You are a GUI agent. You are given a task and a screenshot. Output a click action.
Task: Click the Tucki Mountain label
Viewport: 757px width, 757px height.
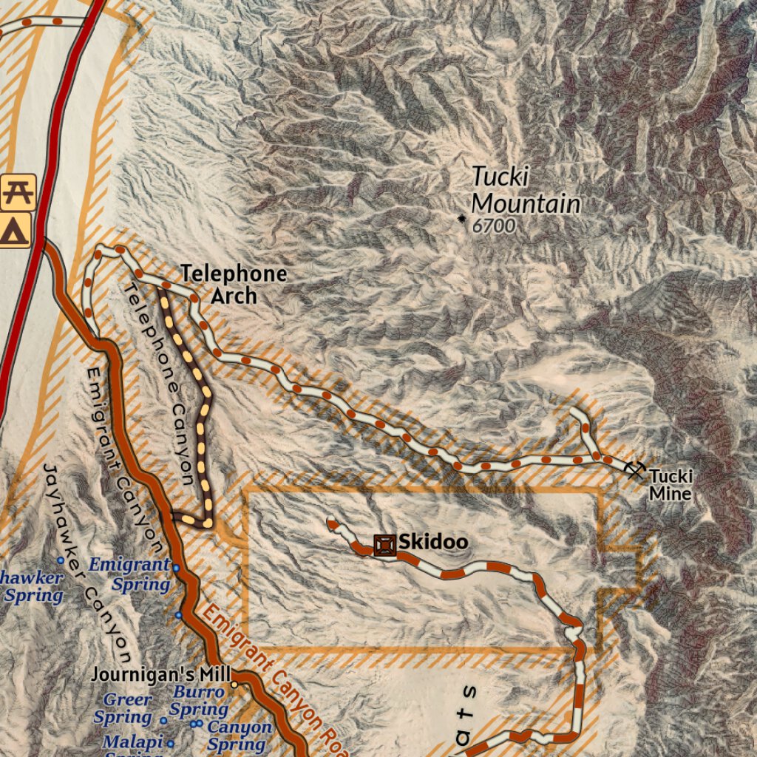coord(525,190)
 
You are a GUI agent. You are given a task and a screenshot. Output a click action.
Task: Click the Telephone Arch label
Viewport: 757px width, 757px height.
coord(234,285)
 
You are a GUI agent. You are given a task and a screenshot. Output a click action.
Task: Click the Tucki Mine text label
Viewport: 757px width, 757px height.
coord(671,485)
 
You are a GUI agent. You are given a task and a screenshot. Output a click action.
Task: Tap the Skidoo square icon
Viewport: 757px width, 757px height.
coord(384,546)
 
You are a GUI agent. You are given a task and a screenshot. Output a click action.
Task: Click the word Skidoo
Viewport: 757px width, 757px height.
coord(433,543)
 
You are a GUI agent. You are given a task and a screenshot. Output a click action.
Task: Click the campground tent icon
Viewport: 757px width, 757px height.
coord(15,231)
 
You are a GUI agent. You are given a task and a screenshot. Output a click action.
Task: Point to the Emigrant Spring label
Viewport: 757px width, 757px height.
coord(130,574)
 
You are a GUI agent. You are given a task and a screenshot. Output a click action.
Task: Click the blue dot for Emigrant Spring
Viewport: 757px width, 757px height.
coord(176,568)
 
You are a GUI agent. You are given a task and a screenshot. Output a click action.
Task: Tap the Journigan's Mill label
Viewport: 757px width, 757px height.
coord(161,675)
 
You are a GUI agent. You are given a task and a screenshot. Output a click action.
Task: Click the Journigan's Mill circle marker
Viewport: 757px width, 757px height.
coord(234,685)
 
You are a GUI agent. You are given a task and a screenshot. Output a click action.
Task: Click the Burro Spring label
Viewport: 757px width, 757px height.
coord(198,701)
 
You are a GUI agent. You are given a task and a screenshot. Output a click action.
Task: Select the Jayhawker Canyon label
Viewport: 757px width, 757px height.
coord(87,562)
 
